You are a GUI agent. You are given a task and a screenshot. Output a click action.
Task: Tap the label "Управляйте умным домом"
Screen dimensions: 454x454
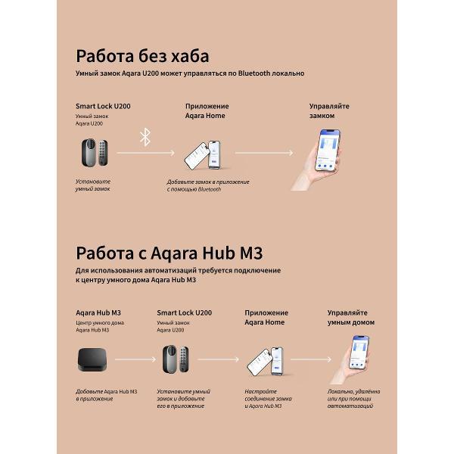[x=350, y=317]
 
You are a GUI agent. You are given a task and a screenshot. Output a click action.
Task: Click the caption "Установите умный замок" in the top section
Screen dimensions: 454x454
[x=93, y=185]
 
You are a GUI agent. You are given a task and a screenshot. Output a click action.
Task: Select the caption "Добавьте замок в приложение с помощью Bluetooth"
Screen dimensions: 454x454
[x=207, y=185]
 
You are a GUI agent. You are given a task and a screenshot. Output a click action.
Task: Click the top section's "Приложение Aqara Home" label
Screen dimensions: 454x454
[x=207, y=111]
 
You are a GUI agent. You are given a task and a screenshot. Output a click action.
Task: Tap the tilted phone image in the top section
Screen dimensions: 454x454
[x=206, y=153]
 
